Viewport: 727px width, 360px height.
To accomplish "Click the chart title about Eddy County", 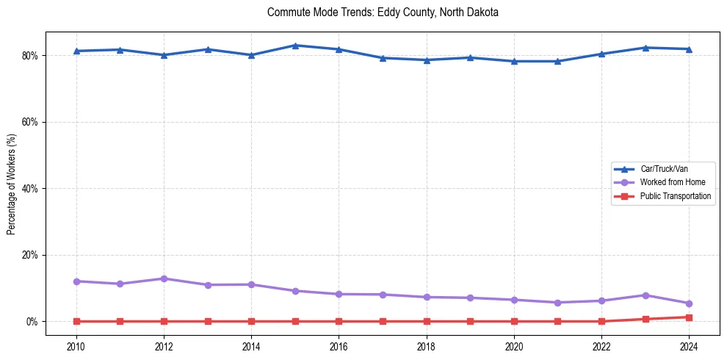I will pyautogui.click(x=383, y=12).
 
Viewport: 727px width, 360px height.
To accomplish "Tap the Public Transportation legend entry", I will pyautogui.click(x=675, y=196).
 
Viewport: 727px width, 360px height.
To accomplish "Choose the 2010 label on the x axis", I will pyautogui.click(x=76, y=345).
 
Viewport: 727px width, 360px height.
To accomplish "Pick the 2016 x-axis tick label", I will pyautogui.click(x=339, y=345).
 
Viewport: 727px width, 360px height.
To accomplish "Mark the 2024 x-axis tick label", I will pyautogui.click(x=689, y=345).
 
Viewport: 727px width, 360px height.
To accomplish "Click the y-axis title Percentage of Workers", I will pyautogui.click(x=12, y=184).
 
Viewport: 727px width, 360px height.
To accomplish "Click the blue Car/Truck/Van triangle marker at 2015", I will pyautogui.click(x=295, y=46).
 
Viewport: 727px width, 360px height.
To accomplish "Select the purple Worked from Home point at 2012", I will pyautogui.click(x=164, y=278).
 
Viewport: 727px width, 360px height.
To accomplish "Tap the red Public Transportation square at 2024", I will pyautogui.click(x=689, y=317).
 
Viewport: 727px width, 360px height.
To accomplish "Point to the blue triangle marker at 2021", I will pyautogui.click(x=557, y=61).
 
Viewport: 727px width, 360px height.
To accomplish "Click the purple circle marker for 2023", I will pyautogui.click(x=645, y=295).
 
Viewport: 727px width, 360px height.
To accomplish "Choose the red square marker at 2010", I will pyautogui.click(x=76, y=321).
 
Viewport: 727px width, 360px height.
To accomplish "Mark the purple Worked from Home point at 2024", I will pyautogui.click(x=689, y=303).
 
